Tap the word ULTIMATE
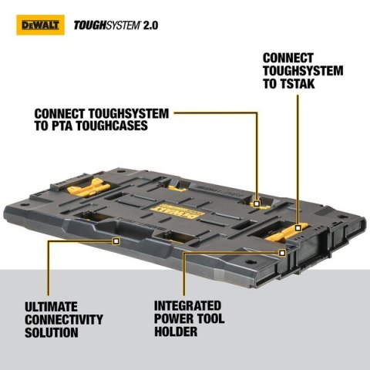pyautogui.click(x=49, y=306)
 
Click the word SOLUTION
pyautogui.click(x=50, y=332)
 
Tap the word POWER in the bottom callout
pyautogui.click(x=174, y=319)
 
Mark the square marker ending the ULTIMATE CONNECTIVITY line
pyautogui.click(x=116, y=240)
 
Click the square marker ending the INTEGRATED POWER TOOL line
pyautogui.click(x=282, y=251)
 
